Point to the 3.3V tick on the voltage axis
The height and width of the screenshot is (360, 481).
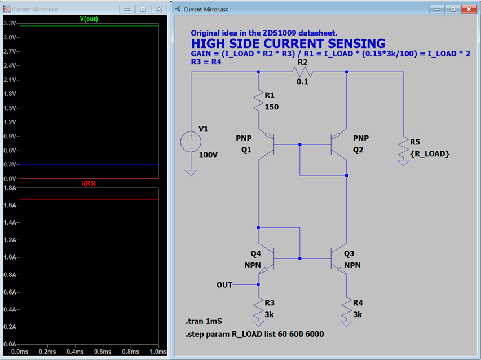(x=9, y=23)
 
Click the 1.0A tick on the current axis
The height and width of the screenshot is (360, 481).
(x=9, y=257)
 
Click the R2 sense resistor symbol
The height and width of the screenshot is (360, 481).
(x=302, y=72)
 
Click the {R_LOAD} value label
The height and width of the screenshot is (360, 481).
(x=430, y=153)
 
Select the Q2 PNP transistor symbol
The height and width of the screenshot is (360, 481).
(x=339, y=144)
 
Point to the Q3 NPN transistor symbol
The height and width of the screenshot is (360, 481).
(x=339, y=259)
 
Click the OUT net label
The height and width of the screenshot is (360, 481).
(x=224, y=285)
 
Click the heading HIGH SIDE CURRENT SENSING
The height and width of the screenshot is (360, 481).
(x=288, y=43)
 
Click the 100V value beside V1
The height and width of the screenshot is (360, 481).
(x=209, y=154)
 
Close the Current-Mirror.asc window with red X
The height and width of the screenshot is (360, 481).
(x=468, y=9)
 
